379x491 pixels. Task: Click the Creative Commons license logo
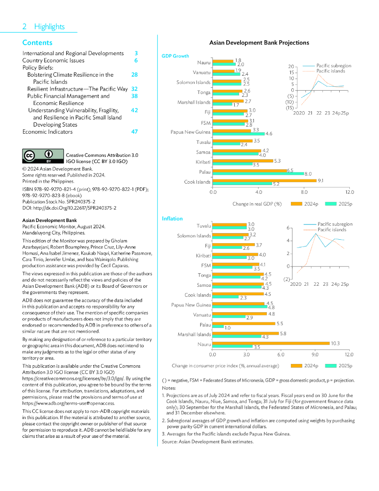(x=43, y=156)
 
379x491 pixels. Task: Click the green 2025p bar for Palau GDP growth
(x=258, y=174)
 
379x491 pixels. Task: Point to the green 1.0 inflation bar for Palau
(x=218, y=327)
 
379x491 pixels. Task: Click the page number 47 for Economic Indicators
(x=135, y=131)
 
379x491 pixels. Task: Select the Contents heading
(x=37, y=43)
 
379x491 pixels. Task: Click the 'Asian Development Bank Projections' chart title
(x=259, y=43)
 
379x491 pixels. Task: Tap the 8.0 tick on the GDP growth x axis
(x=304, y=192)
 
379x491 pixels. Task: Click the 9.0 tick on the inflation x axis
(x=315, y=354)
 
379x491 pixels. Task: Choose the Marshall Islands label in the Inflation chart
(x=194, y=334)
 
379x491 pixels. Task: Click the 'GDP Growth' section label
(x=175, y=56)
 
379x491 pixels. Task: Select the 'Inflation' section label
(x=172, y=219)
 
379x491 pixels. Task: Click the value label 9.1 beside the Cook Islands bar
(x=321, y=180)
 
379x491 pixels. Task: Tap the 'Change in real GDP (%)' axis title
(x=257, y=204)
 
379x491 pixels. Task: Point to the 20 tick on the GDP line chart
(x=290, y=67)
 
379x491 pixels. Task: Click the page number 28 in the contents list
(x=135, y=75)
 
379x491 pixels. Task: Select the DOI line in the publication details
(x=69, y=208)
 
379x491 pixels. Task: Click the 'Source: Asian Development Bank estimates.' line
(x=207, y=441)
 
